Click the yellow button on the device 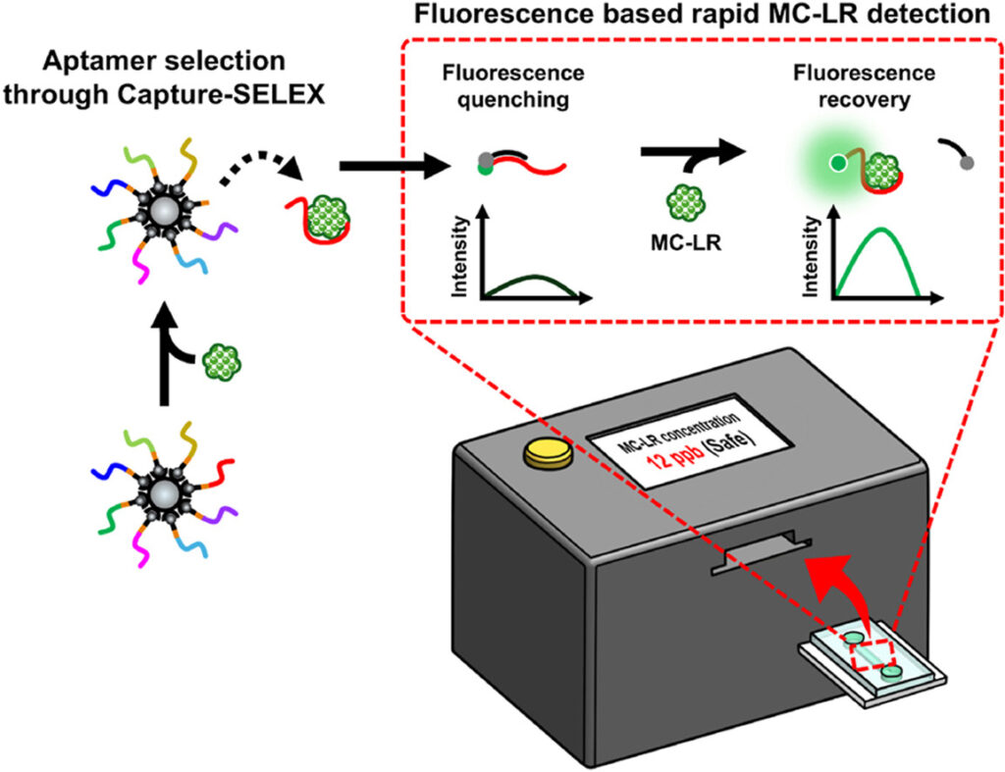coord(541,454)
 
